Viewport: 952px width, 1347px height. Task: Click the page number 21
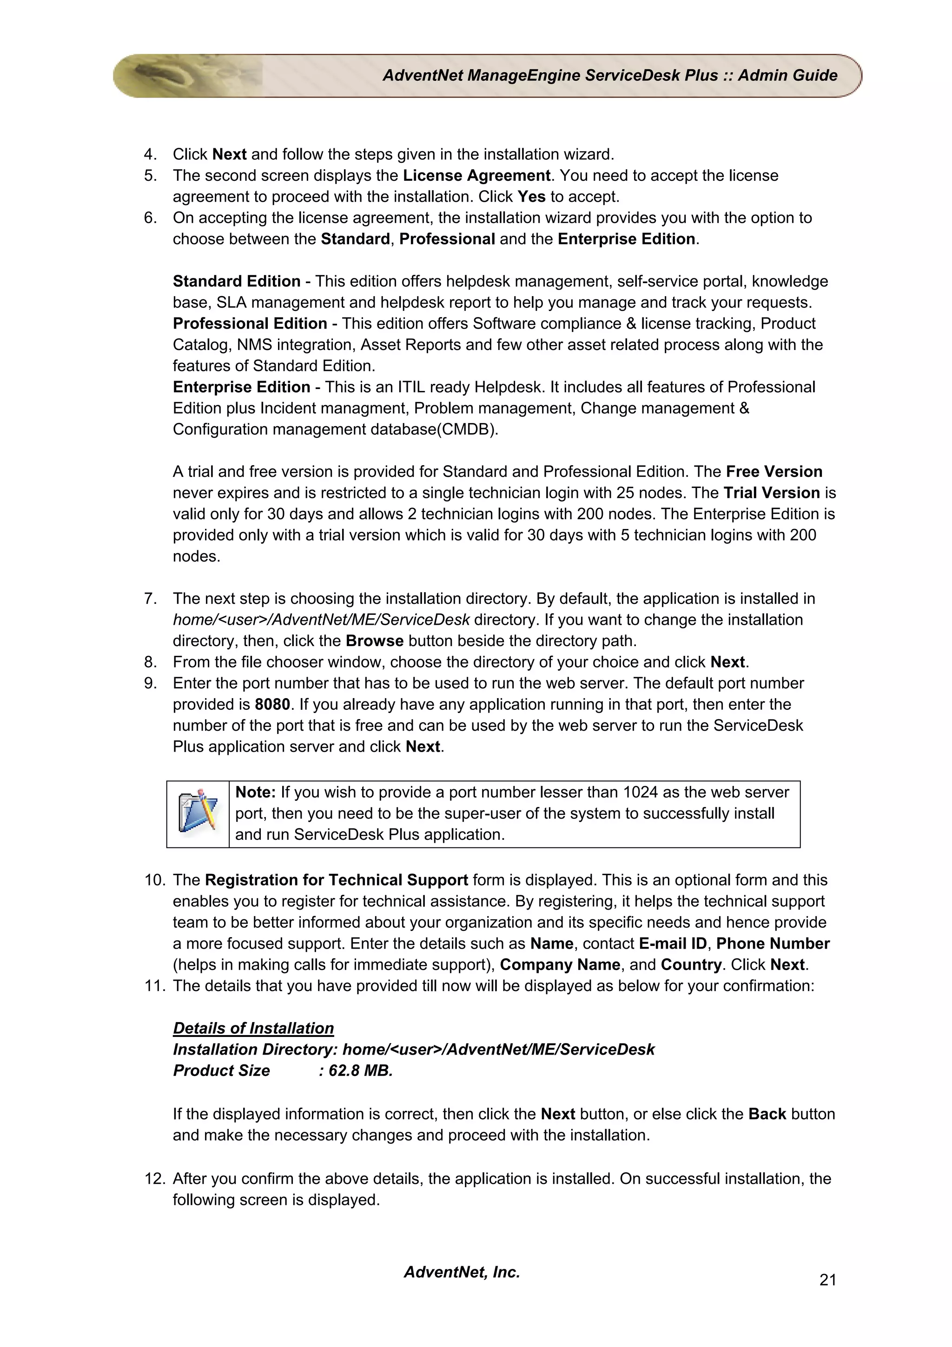(x=827, y=1280)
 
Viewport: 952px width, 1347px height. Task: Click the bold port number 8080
(x=272, y=704)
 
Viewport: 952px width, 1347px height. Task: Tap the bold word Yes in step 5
(x=531, y=197)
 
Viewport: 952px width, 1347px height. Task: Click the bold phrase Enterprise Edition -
(x=246, y=387)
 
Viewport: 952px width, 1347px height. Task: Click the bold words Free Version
(x=773, y=471)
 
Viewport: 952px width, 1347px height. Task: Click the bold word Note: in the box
(x=255, y=792)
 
